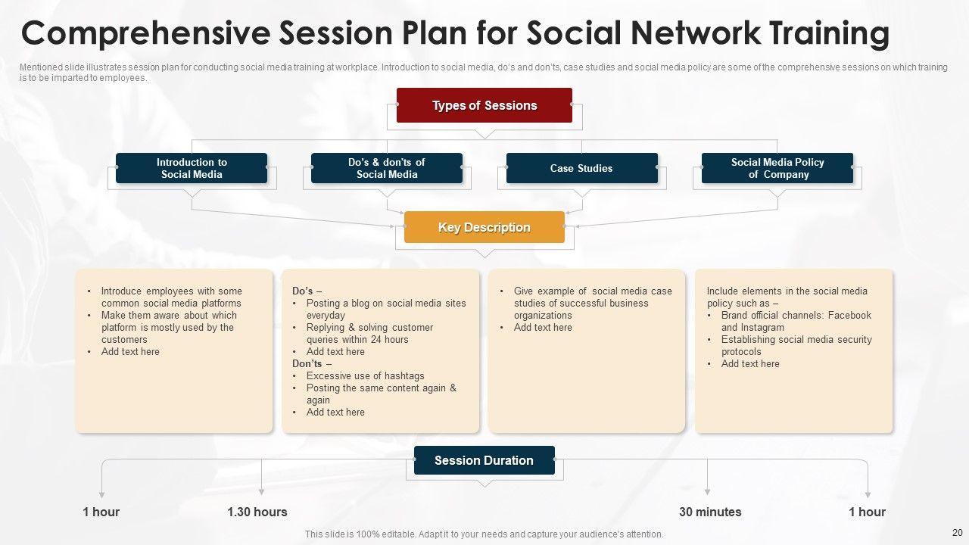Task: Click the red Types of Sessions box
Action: (484, 105)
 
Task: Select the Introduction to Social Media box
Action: (192, 168)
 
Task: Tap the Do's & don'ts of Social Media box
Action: (387, 168)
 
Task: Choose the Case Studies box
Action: (581, 168)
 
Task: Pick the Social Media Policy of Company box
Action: (777, 168)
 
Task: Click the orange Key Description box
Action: (484, 227)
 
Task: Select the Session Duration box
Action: (484, 460)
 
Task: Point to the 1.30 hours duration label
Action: (257, 512)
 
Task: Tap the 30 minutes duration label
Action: (710, 512)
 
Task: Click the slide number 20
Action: (956, 533)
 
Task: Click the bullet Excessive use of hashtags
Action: (365, 376)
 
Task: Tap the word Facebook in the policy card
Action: (849, 316)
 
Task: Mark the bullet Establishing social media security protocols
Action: (796, 346)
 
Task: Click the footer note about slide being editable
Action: (484, 534)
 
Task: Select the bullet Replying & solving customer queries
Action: (369, 334)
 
